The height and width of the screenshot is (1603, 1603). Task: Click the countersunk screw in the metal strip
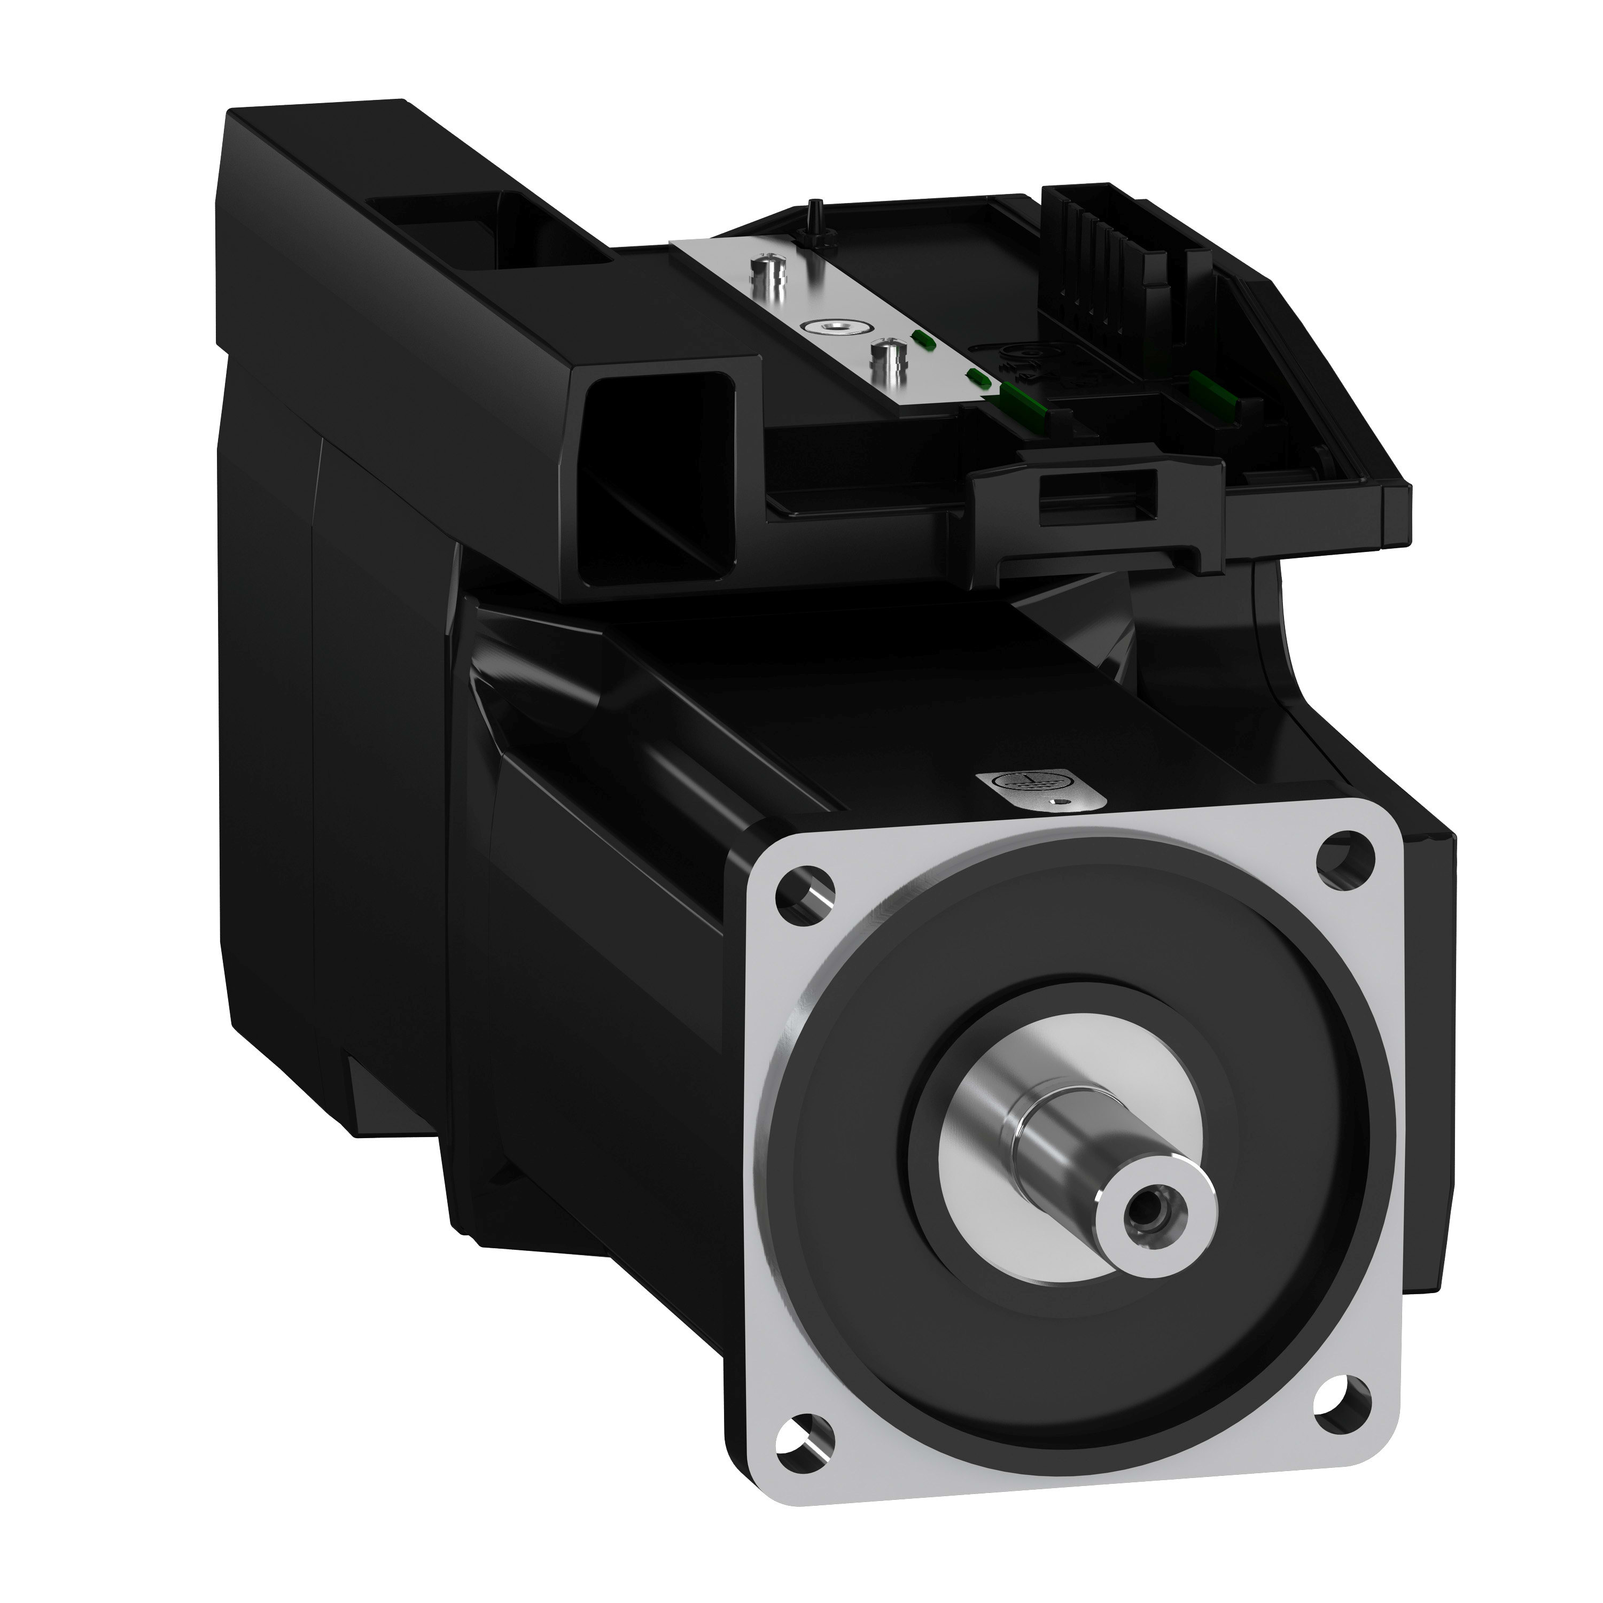pos(826,329)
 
